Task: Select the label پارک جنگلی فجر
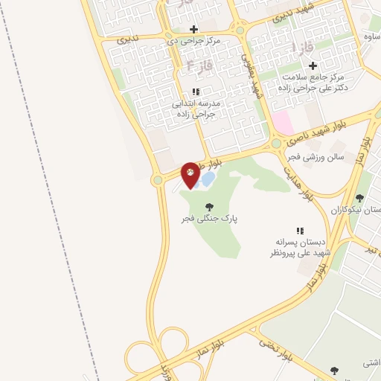point(208,220)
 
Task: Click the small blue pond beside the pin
point(208,179)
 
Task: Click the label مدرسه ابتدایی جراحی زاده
point(195,109)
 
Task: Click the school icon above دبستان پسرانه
point(301,231)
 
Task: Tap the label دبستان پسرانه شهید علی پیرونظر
point(301,248)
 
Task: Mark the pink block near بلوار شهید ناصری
point(282,121)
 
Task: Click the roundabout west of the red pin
point(158,179)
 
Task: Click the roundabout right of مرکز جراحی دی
point(240,31)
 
